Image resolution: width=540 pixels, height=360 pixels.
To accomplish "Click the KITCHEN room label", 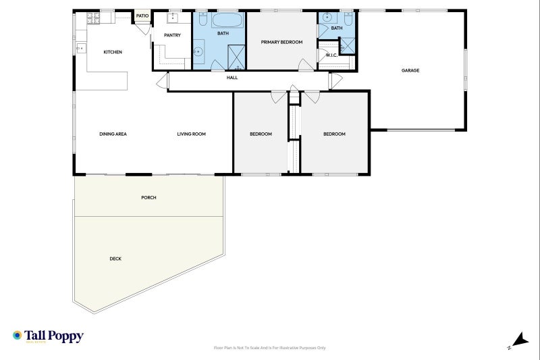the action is coord(113,52).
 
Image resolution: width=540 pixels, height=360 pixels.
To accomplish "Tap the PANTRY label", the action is coord(172,35).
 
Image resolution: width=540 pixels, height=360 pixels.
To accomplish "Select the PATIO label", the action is coord(142,16).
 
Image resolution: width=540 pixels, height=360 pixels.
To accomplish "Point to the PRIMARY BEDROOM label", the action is coord(281,42).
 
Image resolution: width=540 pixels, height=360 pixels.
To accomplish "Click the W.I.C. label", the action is coord(331,55).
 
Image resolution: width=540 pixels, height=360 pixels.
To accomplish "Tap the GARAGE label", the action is coord(410,70).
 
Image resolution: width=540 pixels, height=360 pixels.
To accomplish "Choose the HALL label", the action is coord(232,78).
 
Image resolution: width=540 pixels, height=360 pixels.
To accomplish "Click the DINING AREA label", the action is coord(113,134).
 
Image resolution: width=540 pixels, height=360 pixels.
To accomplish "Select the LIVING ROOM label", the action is coord(192,134).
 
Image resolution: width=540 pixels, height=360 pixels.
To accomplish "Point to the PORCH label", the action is coord(148,197).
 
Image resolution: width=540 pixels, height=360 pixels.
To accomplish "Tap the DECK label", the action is coord(115,259).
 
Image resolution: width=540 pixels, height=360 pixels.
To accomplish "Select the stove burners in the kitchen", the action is coord(93,18).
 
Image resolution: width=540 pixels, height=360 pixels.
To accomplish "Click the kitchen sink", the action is coord(81,49).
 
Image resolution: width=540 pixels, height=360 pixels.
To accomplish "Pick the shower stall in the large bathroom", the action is coord(237,57).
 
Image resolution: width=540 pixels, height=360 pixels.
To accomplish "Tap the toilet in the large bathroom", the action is coord(202,19).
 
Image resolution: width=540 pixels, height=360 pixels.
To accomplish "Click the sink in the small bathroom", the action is coord(326,18).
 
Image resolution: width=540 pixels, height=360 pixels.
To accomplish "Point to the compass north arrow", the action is coord(520,340).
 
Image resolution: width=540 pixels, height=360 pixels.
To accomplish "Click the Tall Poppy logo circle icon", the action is coord(18,335).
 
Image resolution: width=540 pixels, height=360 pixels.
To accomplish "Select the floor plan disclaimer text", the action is coord(269,348).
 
